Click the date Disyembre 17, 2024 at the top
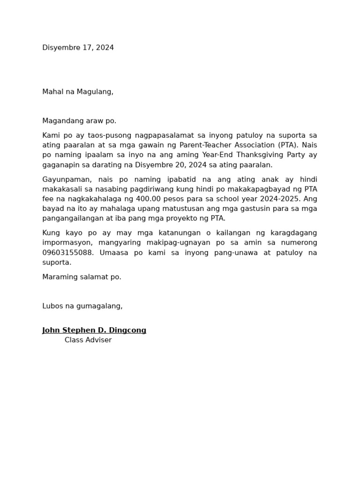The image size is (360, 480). click(x=78, y=48)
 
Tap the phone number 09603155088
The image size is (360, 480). click(x=68, y=253)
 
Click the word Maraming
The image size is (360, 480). click(x=59, y=277)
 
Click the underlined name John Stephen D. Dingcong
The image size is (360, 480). click(x=94, y=330)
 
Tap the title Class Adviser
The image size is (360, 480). click(x=88, y=340)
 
